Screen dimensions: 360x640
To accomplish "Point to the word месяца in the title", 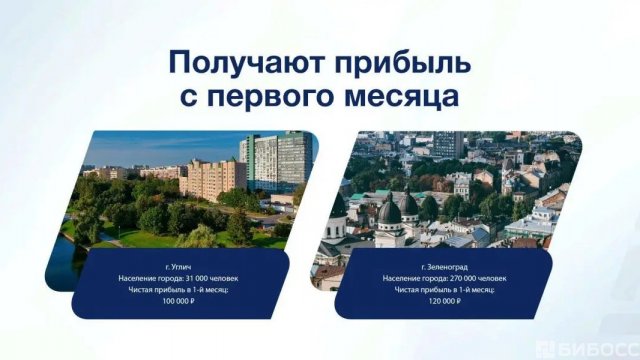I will click(408, 100).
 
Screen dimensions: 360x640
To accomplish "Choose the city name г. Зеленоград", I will click(441, 265).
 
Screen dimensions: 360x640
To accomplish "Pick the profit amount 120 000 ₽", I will click(441, 300).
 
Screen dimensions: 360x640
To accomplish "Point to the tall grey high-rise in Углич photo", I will click(275, 160).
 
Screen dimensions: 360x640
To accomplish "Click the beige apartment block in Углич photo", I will click(212, 178).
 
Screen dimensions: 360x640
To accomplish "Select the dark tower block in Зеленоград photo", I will click(447, 145).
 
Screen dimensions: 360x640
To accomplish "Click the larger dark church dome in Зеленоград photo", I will click(389, 210).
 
